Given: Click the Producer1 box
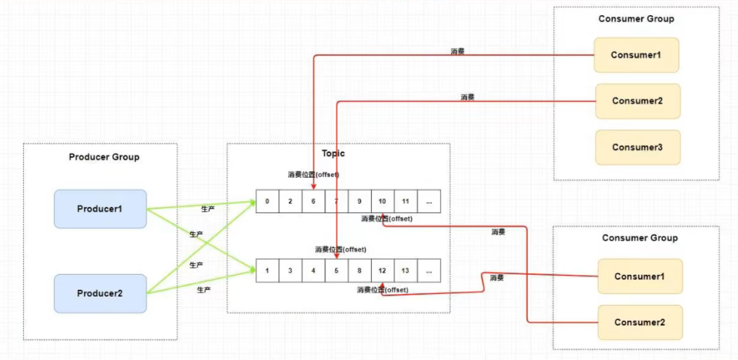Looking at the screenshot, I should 100,209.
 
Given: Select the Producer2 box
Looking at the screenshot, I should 100,293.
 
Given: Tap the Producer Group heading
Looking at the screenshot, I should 104,157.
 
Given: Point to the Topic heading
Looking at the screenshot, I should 333,153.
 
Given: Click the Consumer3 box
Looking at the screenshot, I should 637,147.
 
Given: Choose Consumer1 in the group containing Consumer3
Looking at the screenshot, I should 636,55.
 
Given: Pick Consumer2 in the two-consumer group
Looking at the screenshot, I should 640,322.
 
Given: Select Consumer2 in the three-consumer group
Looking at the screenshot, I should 637,101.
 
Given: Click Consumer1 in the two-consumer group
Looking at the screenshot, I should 640,276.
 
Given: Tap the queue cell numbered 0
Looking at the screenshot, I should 267,202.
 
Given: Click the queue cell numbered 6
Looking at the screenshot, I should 313,202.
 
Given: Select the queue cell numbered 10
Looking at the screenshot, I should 382,202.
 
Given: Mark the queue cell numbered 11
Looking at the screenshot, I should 405,202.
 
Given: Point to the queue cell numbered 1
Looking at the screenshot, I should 267,270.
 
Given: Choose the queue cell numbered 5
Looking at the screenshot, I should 336,270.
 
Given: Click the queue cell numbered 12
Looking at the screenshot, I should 382,270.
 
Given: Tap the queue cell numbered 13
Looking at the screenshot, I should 405,270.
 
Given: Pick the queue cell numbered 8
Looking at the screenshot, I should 359,270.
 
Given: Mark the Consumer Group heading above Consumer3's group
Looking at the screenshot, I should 636,18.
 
